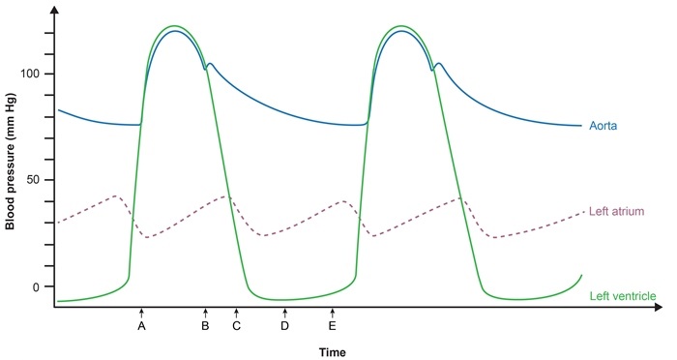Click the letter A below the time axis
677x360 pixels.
[x=141, y=327]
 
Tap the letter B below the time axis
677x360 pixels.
[x=205, y=327]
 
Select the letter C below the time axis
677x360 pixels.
[x=236, y=327]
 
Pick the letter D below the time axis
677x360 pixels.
[x=284, y=327]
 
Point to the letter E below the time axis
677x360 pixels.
[x=333, y=327]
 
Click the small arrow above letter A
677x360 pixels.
[x=141, y=313]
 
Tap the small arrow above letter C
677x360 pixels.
[x=236, y=313]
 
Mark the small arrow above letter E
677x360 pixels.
[x=333, y=313]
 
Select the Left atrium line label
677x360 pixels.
[x=616, y=210]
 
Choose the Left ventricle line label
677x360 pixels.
[x=624, y=294]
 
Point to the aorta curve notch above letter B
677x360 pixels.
[x=205, y=69]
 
